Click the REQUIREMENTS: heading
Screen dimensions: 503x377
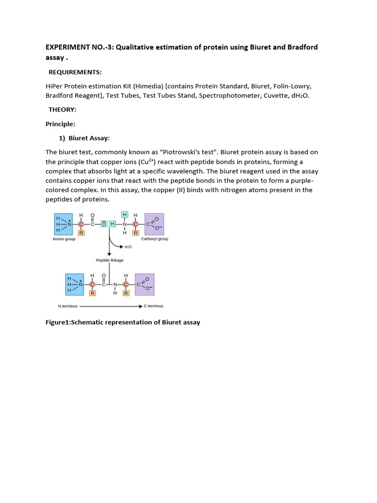pyautogui.click(x=75, y=72)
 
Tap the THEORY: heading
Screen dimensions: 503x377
pyautogui.click(x=62, y=110)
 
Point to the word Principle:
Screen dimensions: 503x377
pyautogui.click(x=60, y=124)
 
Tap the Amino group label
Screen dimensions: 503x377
pyautogui.click(x=64, y=239)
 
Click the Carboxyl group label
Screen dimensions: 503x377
pyautogui.click(x=155, y=239)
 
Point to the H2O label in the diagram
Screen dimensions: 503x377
pyautogui.click(x=128, y=247)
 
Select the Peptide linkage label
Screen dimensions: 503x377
pyautogui.click(x=109, y=260)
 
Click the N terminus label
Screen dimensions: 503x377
pyautogui.click(x=67, y=306)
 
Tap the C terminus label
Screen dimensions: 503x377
pyautogui.click(x=154, y=306)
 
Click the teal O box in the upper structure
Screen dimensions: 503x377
pyautogui.click(x=104, y=224)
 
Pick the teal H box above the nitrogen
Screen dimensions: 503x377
pyautogui.click(x=125, y=215)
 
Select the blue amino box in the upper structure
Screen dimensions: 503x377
pyautogui.click(x=64, y=224)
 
